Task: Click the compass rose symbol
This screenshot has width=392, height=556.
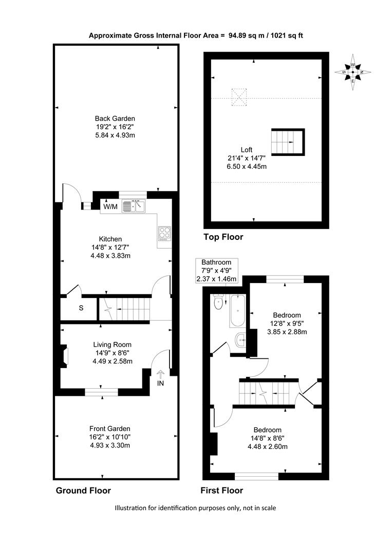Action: (353, 72)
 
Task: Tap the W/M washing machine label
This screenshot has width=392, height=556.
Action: (110, 206)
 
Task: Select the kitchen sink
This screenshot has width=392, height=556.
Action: (134, 206)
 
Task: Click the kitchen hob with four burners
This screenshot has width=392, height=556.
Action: (164, 234)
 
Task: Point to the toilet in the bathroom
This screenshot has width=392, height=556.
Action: (218, 303)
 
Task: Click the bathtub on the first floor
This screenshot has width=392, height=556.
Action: (237, 311)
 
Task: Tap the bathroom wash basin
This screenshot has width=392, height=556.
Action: (240, 340)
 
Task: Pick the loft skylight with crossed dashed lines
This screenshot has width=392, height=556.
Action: (239, 97)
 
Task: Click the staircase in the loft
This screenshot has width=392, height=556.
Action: (288, 142)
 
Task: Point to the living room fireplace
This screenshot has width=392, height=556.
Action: (64, 356)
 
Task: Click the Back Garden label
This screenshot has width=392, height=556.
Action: (115, 118)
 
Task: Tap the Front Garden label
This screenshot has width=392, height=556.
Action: (109, 428)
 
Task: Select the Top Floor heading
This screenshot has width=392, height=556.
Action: (223, 237)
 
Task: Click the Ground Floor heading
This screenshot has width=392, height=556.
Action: (84, 491)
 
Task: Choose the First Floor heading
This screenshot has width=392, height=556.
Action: (222, 491)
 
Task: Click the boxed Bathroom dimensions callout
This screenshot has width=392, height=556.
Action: (216, 271)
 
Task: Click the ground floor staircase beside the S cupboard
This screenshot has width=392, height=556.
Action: (124, 309)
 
